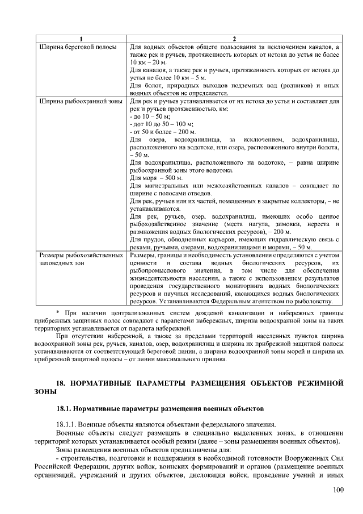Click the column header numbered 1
point(81,38)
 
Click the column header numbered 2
point(234,38)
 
